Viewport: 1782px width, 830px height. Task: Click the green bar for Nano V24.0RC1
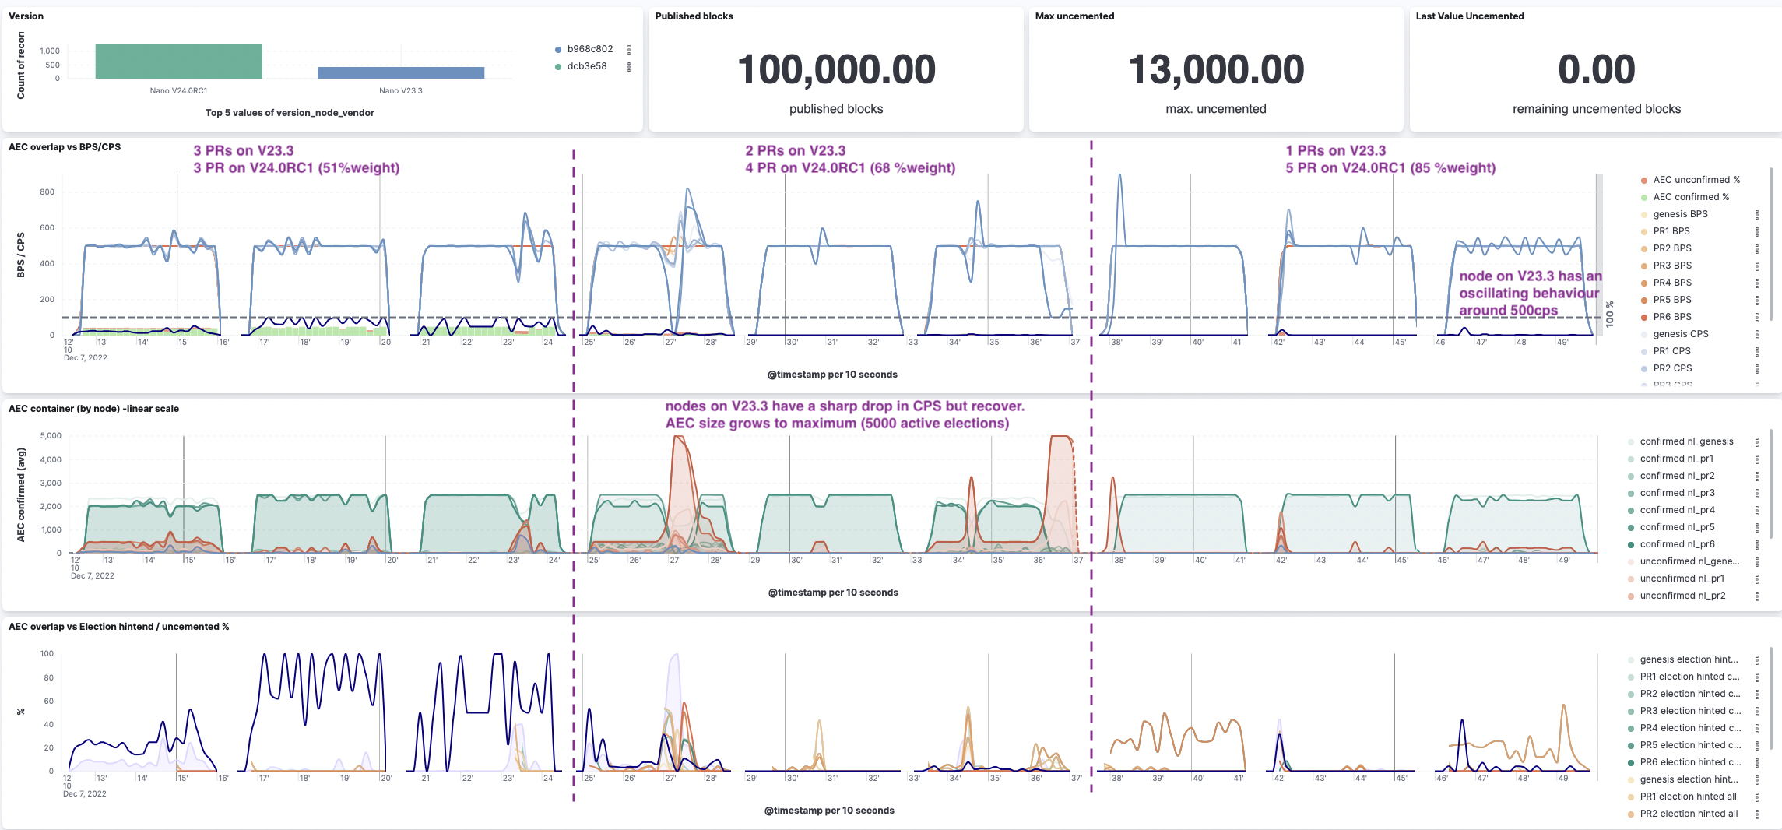click(178, 61)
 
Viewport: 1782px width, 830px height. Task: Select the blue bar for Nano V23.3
click(400, 72)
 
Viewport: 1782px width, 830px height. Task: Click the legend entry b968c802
click(589, 49)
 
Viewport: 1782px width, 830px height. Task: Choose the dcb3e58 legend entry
click(586, 66)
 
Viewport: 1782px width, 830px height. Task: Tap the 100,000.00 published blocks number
click(836, 69)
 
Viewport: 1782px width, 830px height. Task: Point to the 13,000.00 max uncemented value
click(1216, 69)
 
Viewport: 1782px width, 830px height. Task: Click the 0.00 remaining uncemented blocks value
click(1596, 69)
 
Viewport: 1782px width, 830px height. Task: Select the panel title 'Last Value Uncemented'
click(1469, 16)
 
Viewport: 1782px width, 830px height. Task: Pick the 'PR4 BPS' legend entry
click(1671, 283)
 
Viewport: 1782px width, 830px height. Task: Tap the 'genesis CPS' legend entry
click(1680, 334)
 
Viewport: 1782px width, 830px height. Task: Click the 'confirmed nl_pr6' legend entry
click(1677, 544)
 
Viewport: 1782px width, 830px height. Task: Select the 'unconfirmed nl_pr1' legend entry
click(1682, 579)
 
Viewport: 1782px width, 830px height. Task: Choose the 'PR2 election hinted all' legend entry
click(1688, 814)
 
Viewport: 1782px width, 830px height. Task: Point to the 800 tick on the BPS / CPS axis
click(47, 192)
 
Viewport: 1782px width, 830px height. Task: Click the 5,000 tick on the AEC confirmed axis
click(51, 435)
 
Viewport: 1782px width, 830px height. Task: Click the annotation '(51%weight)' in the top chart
click(358, 168)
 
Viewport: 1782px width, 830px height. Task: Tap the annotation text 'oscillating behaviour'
click(1528, 294)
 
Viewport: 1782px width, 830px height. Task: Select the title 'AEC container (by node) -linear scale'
click(93, 409)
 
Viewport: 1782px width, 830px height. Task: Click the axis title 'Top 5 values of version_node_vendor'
click(290, 113)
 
